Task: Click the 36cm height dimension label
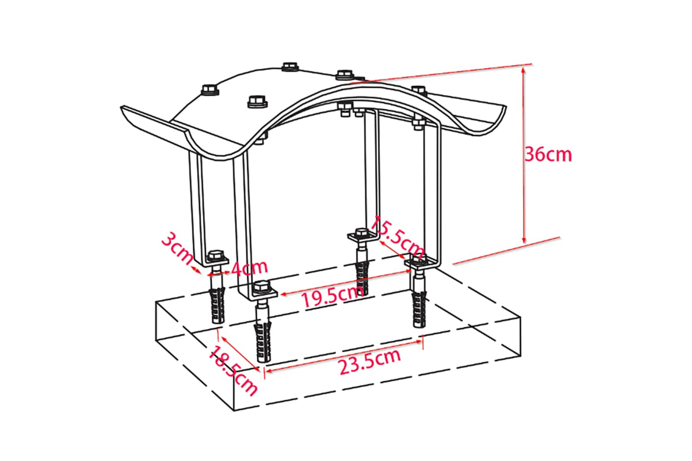[548, 155]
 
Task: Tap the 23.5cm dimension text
[370, 361]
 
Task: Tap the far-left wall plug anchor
[217, 305]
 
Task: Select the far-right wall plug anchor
[419, 309]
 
